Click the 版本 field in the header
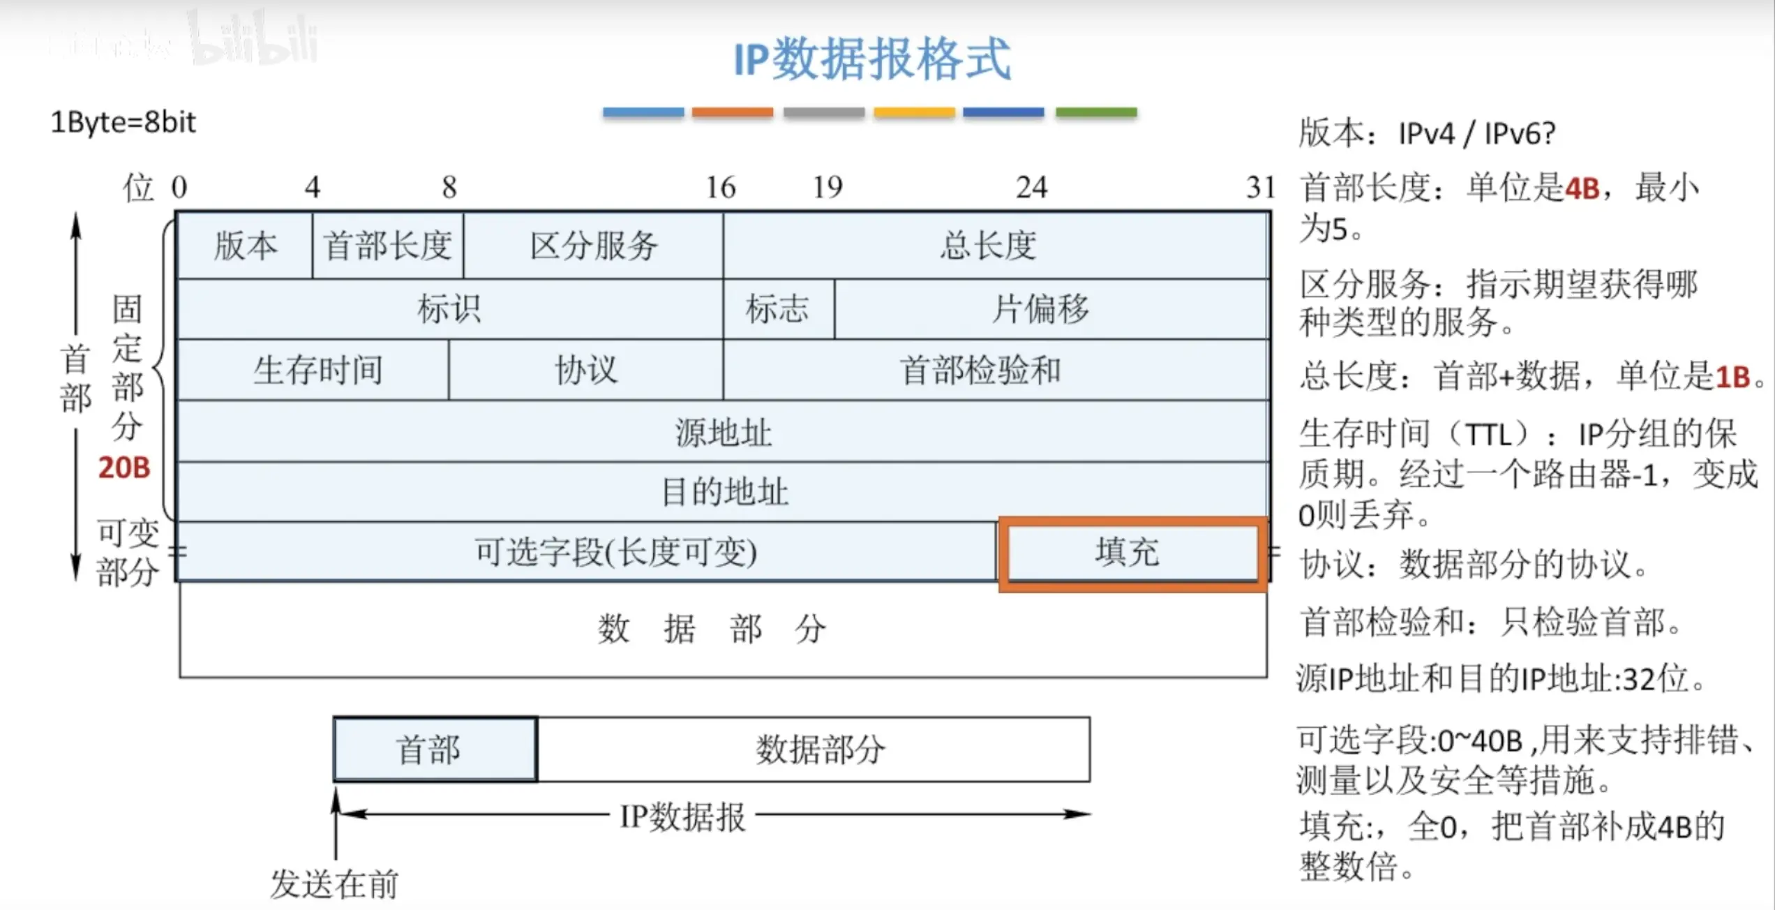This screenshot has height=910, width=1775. click(x=245, y=246)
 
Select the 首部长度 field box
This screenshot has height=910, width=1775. click(x=388, y=246)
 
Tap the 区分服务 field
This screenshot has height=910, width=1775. click(x=594, y=246)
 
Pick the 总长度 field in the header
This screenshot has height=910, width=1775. click(x=988, y=246)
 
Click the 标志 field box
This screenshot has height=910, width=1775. click(x=778, y=309)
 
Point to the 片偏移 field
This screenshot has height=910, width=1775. click(x=1041, y=309)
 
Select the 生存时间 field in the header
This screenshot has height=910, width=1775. click(x=317, y=370)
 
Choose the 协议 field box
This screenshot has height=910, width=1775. click(x=586, y=370)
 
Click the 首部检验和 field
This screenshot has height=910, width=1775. click(x=980, y=370)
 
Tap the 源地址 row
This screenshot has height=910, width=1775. click(x=723, y=432)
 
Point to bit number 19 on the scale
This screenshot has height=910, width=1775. click(x=827, y=187)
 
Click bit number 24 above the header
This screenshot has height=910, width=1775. click(x=1031, y=187)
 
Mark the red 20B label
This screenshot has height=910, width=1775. click(x=124, y=468)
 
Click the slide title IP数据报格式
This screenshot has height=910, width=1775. click(x=872, y=59)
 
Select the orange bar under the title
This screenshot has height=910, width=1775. click(x=733, y=112)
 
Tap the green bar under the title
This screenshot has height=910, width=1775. click(x=1096, y=112)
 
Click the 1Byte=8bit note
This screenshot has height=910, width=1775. click(x=123, y=123)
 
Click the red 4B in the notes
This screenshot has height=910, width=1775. click(x=1582, y=188)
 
